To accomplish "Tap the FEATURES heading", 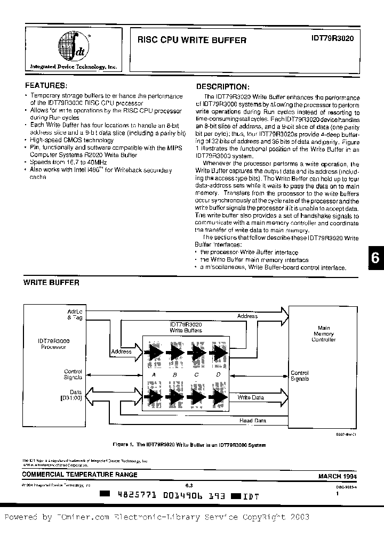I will pyautogui.click(x=46, y=85).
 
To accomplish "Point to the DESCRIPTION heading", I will pyautogui.click(x=223, y=86).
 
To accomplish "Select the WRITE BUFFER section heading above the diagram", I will pyautogui.click(x=51, y=283).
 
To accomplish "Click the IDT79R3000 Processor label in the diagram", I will pyautogui.click(x=53, y=344).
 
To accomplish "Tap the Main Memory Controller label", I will pyautogui.click(x=324, y=333).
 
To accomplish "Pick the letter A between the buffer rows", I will pyautogui.click(x=154, y=375).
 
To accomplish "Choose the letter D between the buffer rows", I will pyautogui.click(x=218, y=375).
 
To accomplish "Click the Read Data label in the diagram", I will pyautogui.click(x=253, y=421).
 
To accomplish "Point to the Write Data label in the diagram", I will pyautogui.click(x=251, y=397).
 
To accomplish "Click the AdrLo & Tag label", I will pyautogui.click(x=74, y=314).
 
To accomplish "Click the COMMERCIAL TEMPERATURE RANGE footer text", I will pyautogui.click(x=80, y=475).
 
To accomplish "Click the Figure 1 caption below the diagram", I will pyautogui.click(x=189, y=444).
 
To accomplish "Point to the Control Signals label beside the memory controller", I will pyautogui.click(x=300, y=376).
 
